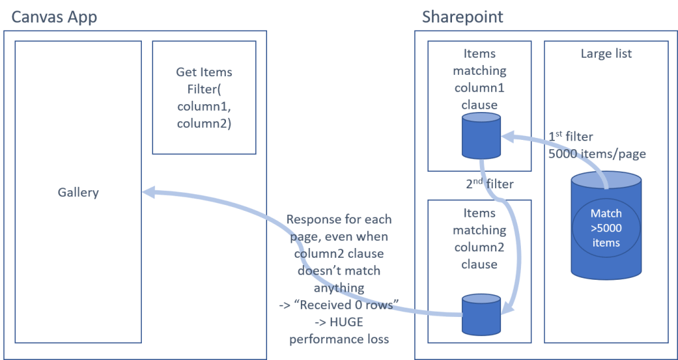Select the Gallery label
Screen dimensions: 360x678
[78, 192]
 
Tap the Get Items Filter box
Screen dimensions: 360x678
[204, 97]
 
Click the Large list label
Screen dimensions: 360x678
[606, 54]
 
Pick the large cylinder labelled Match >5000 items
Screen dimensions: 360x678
[606, 225]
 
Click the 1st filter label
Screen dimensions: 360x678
[571, 137]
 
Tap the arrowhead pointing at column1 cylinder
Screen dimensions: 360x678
[507, 137]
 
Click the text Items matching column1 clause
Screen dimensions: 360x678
[479, 80]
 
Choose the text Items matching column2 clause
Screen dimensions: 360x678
[479, 239]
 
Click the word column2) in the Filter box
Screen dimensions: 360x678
[204, 123]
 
